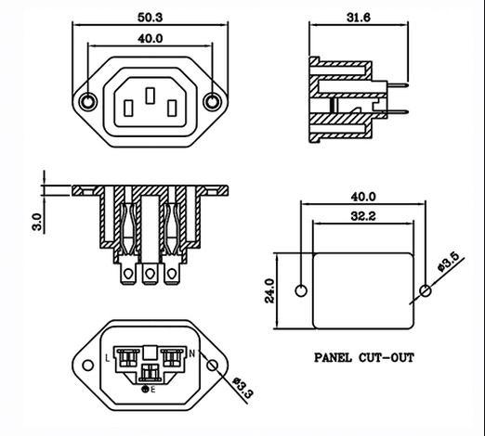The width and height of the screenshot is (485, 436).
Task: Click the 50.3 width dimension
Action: [150, 18]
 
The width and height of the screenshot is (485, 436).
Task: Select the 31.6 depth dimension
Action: [359, 18]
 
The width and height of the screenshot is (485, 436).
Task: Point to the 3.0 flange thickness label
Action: [37, 222]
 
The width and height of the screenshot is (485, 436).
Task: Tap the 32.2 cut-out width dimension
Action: [363, 216]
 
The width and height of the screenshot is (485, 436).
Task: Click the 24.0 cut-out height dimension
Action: [269, 290]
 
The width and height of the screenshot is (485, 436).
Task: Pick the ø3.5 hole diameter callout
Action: [452, 263]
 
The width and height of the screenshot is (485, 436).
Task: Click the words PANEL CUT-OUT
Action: [364, 358]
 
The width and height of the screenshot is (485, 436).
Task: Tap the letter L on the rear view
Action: [108, 359]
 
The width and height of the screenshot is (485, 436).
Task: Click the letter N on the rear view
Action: [192, 353]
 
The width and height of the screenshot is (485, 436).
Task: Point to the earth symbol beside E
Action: [145, 390]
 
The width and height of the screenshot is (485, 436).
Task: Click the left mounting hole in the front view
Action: [88, 102]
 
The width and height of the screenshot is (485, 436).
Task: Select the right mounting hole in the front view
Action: [213, 102]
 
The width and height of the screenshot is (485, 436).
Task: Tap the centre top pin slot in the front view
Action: [151, 96]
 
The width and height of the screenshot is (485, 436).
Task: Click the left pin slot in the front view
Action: [128, 109]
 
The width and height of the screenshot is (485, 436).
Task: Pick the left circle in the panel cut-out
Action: [301, 291]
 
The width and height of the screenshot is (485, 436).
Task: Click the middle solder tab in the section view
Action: [150, 274]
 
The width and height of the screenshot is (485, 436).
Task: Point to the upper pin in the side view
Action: [398, 84]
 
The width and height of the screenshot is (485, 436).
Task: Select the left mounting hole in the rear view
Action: [88, 365]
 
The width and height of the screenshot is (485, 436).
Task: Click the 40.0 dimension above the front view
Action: [151, 39]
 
